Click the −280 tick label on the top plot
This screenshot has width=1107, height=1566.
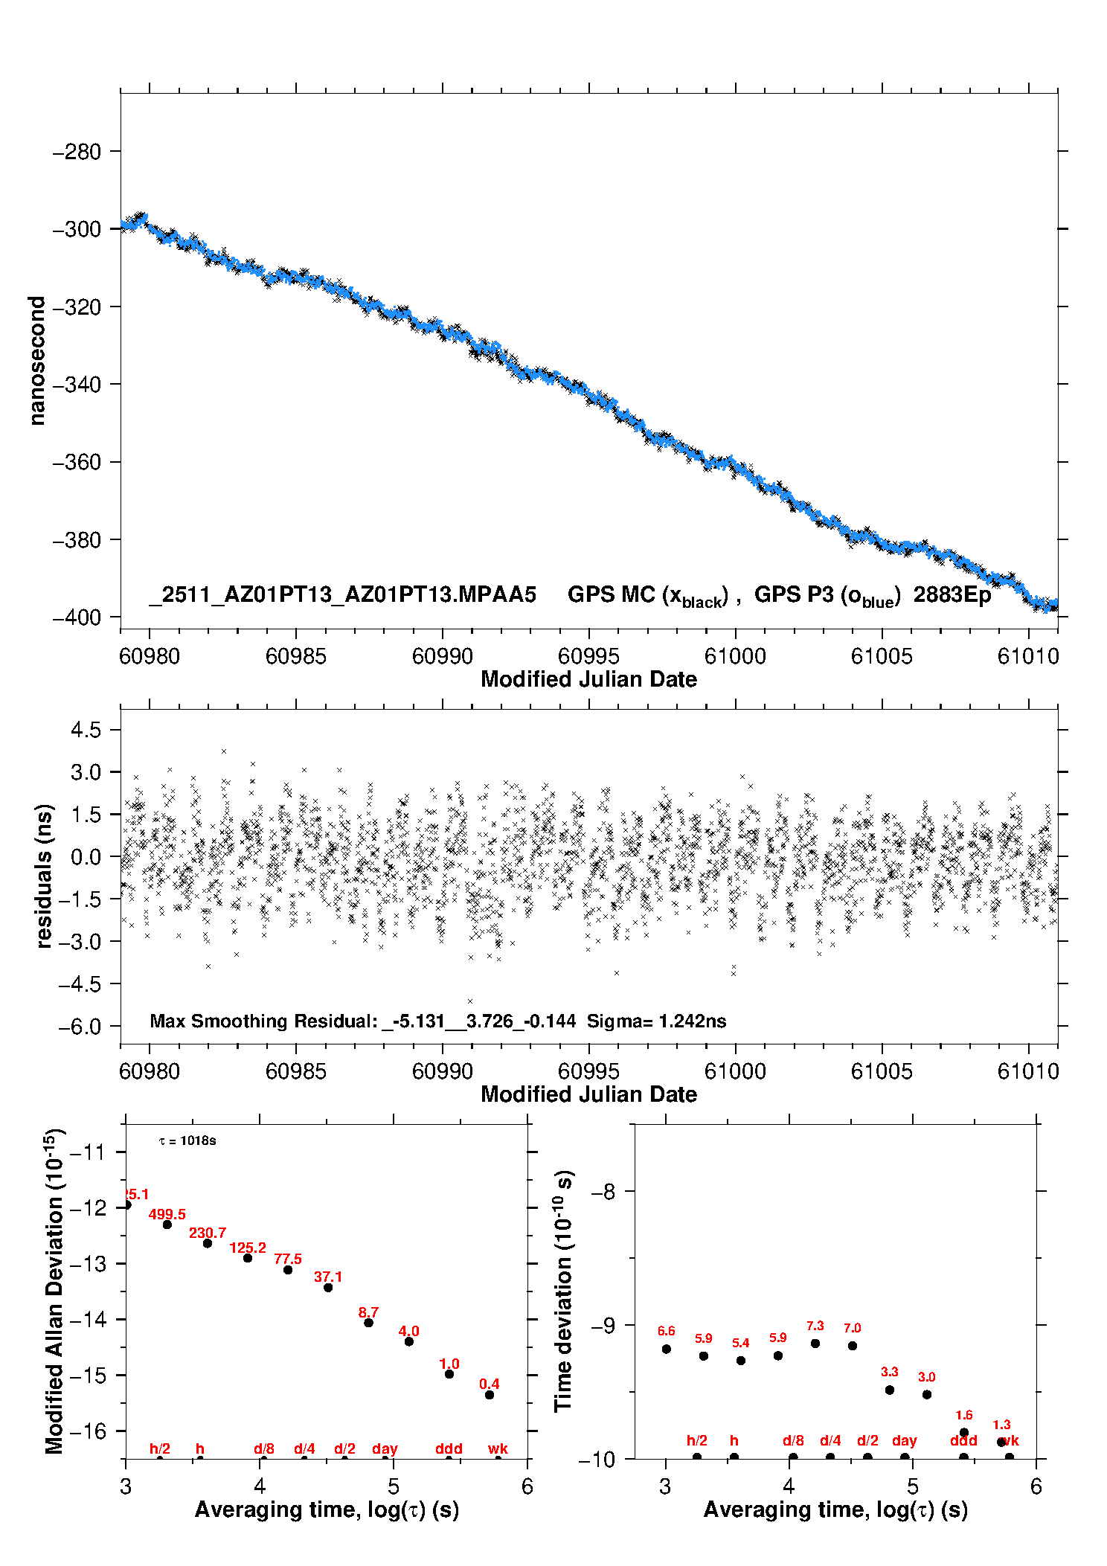click(77, 152)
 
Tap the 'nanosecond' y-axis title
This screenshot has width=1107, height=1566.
click(36, 361)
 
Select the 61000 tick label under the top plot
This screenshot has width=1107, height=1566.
click(735, 656)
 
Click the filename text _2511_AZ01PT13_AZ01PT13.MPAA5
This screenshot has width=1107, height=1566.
click(342, 594)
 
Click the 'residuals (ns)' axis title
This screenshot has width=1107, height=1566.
click(45, 876)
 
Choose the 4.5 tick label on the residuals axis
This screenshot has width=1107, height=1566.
click(86, 730)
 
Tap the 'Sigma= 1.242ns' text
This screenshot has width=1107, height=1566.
click(656, 1021)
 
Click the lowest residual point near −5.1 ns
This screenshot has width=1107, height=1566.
click(469, 1001)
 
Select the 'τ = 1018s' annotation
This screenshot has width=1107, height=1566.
click(187, 1141)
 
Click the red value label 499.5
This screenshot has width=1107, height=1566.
click(167, 1215)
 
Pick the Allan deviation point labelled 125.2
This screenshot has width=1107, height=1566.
click(248, 1258)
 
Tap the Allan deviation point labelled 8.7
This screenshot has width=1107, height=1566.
click(368, 1323)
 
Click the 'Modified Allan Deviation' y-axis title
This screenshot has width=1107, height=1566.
click(54, 1291)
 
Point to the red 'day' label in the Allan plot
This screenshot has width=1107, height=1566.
click(385, 1448)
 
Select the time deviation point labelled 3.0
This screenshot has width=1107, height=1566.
click(927, 1395)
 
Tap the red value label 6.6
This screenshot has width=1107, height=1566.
click(666, 1332)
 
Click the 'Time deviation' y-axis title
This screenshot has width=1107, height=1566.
click(563, 1291)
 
